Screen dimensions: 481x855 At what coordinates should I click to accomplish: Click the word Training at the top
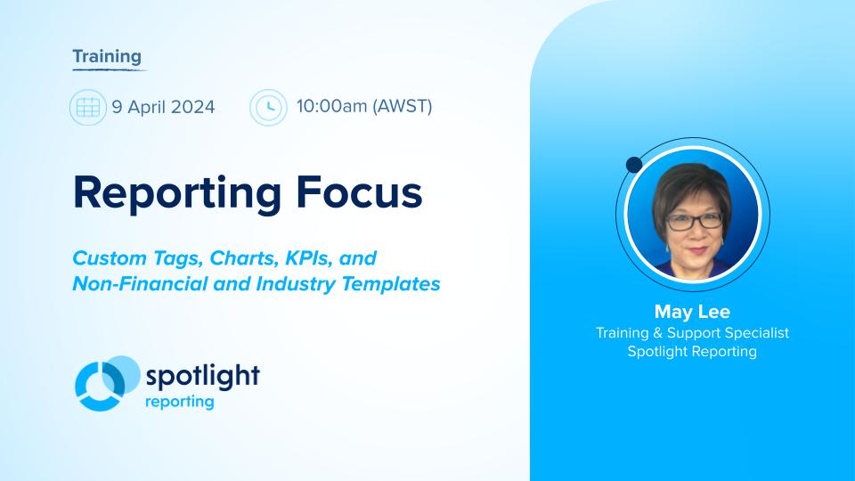pos(107,57)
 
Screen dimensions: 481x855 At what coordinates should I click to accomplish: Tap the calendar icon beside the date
pos(87,108)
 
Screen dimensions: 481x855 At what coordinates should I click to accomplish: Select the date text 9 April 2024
pos(163,108)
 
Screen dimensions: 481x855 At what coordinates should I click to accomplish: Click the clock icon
pos(268,108)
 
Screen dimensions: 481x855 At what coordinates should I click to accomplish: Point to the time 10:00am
pos(331,107)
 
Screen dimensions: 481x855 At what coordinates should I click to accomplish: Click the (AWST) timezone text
pos(403,107)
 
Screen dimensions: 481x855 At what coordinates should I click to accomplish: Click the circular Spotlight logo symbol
pos(106,383)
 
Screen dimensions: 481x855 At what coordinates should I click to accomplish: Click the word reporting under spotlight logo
pos(179,401)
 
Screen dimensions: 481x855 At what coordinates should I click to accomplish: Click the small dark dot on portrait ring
pos(634,164)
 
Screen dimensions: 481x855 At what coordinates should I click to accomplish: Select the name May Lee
pos(692,312)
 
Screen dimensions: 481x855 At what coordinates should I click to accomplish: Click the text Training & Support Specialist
pos(692,332)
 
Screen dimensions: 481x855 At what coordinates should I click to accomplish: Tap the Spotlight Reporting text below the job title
pos(692,352)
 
